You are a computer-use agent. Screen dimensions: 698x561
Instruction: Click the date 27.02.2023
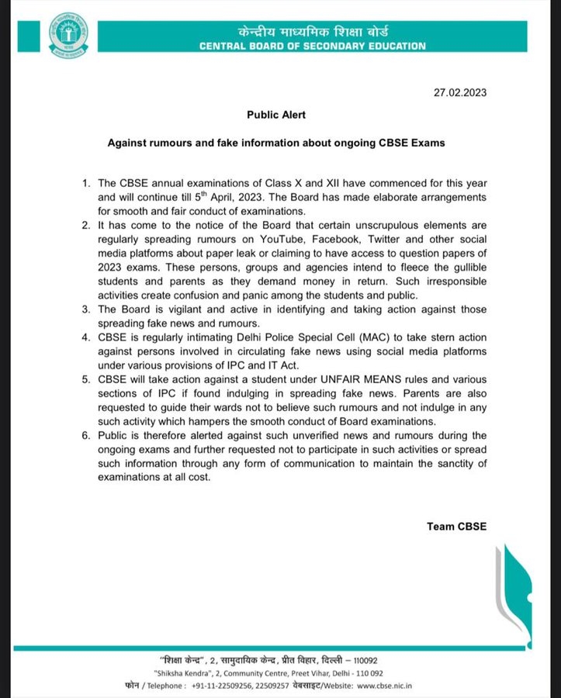coord(462,92)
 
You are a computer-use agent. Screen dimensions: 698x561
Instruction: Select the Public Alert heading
coord(276,114)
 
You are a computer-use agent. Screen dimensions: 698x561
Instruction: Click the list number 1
coord(85,182)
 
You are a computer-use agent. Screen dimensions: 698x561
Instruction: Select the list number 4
coord(85,339)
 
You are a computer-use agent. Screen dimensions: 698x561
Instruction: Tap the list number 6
coord(85,436)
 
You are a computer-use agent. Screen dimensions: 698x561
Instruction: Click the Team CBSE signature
coord(455,526)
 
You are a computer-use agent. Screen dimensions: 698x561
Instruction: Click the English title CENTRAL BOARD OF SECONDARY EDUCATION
coord(312,47)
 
